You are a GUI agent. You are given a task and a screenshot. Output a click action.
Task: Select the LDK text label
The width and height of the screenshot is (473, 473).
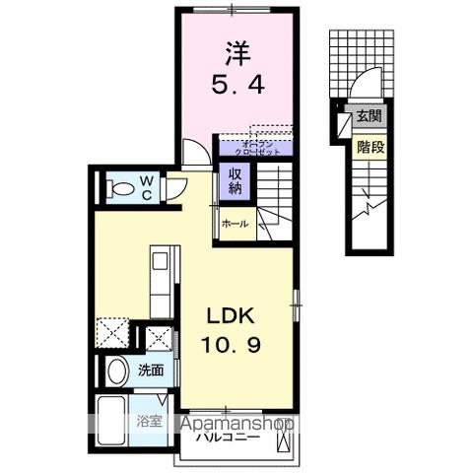pyautogui.click(x=231, y=316)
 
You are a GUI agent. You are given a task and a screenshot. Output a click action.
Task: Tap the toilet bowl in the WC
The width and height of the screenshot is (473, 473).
pyautogui.click(x=120, y=186)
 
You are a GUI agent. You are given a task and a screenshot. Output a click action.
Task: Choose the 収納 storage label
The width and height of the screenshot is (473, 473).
pyautogui.click(x=236, y=181)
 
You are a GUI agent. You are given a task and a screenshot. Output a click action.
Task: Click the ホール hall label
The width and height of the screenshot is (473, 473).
pyautogui.click(x=235, y=224)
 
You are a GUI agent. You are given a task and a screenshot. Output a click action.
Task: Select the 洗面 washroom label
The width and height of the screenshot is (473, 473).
pyautogui.click(x=151, y=371)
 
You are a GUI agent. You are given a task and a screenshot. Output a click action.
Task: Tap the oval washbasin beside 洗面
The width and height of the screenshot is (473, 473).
pyautogui.click(x=116, y=372)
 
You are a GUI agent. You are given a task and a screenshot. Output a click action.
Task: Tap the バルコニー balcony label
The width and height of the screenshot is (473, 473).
pyautogui.click(x=228, y=436)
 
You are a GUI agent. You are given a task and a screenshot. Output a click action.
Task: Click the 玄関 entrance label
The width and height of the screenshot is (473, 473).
pyautogui.click(x=370, y=115)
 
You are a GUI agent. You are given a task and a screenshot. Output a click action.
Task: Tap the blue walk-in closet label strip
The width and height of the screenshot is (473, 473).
pyautogui.click(x=254, y=149)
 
